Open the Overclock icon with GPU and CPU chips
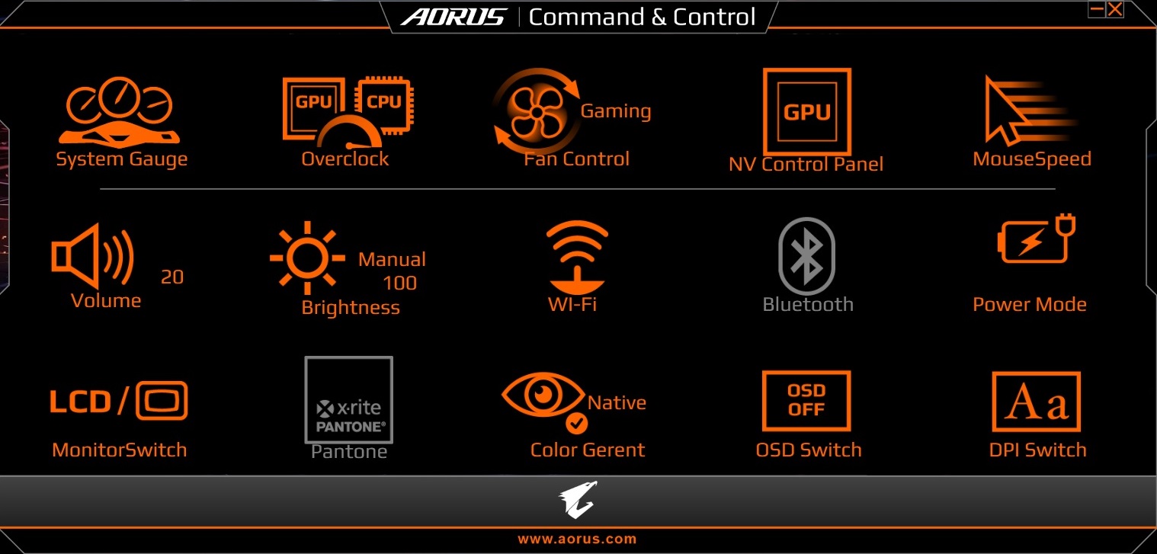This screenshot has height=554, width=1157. coord(347,111)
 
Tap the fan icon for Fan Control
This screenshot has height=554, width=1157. coord(536,111)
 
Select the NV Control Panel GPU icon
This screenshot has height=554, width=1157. coord(806,111)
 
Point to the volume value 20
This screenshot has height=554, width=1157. coord(172,277)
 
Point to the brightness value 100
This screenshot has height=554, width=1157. coord(399,283)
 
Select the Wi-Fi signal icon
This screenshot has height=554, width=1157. coord(577,255)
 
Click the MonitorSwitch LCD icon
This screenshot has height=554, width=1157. coord(118,402)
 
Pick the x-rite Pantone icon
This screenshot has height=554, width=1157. coord(349,400)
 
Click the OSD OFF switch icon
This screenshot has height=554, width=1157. coord(806,400)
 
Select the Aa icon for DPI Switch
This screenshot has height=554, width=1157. coord(1036,402)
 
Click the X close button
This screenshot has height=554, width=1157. coord(1115,9)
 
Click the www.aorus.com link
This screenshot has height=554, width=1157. coord(577,539)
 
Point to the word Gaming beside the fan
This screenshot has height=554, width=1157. coord(616,111)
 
